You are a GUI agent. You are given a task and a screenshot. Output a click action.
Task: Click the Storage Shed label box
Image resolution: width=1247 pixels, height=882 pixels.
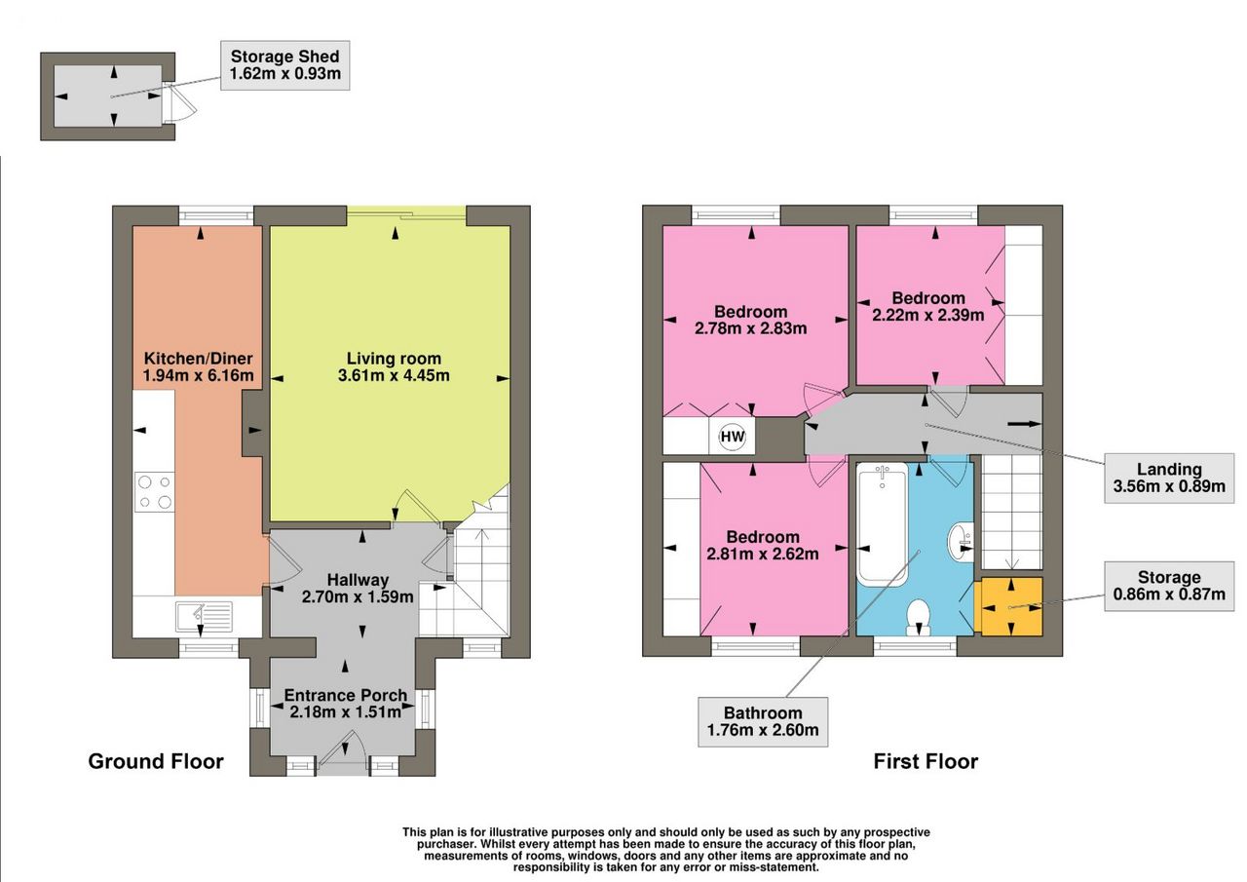pos(285,65)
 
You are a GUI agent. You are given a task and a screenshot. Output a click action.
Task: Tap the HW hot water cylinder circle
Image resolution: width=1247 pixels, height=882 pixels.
pos(732,437)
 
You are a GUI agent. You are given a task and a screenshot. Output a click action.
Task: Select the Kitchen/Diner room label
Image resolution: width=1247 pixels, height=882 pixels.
pos(198,358)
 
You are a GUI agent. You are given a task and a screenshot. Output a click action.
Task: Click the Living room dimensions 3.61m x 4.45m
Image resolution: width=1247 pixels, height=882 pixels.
pos(394,375)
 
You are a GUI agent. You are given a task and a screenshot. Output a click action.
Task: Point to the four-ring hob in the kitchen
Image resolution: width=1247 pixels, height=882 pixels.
pos(154,491)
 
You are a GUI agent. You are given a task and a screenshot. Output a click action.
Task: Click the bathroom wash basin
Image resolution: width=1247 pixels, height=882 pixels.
pos(961,541)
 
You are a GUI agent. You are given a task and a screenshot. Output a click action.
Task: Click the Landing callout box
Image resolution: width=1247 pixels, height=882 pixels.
pos(1169,479)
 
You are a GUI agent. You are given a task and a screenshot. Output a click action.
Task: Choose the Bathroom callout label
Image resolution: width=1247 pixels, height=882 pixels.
pos(763,721)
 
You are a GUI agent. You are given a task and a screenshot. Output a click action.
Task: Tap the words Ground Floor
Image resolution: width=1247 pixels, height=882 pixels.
pos(156,761)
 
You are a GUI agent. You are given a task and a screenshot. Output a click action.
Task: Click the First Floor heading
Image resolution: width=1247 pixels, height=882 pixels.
pos(926,761)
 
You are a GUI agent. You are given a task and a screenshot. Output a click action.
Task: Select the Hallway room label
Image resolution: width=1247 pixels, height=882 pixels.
pos(358,580)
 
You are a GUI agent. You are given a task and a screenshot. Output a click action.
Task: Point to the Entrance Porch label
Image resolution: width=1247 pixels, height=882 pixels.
pos(346,695)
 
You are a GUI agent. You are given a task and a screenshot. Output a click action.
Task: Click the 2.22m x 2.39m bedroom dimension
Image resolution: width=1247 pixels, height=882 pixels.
pos(928,315)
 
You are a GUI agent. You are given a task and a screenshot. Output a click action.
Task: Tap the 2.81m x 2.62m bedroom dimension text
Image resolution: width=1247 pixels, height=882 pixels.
pos(763,554)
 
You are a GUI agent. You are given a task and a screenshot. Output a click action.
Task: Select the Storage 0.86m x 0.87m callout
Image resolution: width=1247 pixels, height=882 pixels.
pos(1169,586)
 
